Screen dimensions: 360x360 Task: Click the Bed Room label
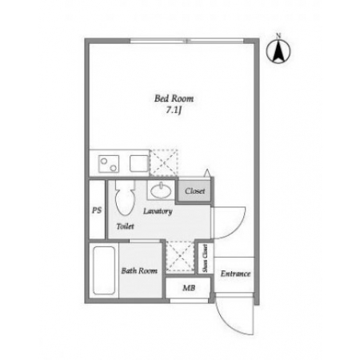coord(174,98)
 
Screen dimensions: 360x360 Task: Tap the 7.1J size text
coord(174,110)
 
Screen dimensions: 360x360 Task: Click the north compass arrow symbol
coord(278,50)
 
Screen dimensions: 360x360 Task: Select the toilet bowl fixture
coord(125,198)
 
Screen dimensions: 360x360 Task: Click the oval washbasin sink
coord(161,190)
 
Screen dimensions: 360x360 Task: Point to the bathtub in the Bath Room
coord(104,270)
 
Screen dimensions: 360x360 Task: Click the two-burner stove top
coord(109,164)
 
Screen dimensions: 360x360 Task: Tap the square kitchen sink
coord(139,163)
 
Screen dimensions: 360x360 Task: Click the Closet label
coord(195,191)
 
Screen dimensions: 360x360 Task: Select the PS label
coord(97,210)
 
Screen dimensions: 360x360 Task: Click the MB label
coord(189,288)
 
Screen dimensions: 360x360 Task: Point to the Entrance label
coord(235,274)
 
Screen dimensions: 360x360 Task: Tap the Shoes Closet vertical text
coord(205,258)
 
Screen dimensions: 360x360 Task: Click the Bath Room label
coord(139,270)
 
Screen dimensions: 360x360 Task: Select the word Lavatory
coord(158,211)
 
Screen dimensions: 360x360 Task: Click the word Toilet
coord(125,226)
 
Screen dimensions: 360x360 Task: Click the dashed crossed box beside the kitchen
coord(163,162)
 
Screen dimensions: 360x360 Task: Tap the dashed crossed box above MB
coord(180,257)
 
